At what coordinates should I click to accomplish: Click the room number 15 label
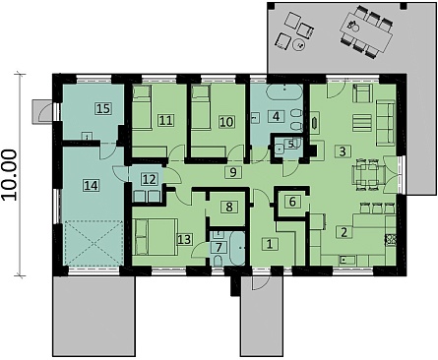coord(103,108)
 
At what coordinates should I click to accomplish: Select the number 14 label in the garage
coord(91,186)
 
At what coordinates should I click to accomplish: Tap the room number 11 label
coord(165,120)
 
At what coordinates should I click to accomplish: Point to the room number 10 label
coord(226,122)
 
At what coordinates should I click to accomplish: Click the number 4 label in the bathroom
coord(277,116)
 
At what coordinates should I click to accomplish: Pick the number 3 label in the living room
coord(343,151)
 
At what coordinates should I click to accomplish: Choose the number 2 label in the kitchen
coord(344,232)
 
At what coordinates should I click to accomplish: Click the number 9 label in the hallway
coord(233,172)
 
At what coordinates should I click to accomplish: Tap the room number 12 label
coord(149,179)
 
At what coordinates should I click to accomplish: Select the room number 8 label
coord(229,207)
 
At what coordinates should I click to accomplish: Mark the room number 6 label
coord(292,202)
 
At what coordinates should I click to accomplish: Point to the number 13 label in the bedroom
coord(184,239)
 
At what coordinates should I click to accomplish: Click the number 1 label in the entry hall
coord(270,244)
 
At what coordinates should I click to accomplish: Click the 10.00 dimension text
coord(9,174)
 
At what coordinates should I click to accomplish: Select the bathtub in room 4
coord(284,92)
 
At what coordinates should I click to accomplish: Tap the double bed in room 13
coord(156,237)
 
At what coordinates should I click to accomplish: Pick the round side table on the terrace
coord(299,45)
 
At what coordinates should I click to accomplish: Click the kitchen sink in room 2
coord(346,261)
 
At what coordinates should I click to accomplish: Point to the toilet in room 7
coord(217,261)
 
